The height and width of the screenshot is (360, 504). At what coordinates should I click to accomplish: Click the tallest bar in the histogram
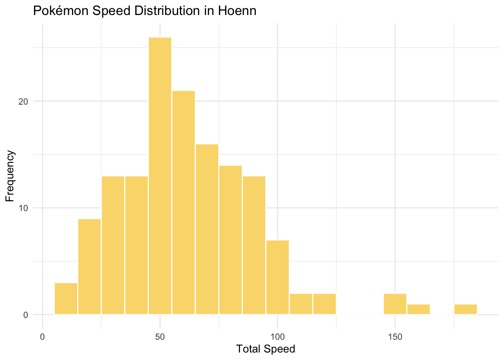pyautogui.click(x=160, y=176)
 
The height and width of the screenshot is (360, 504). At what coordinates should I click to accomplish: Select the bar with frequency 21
pyautogui.click(x=183, y=202)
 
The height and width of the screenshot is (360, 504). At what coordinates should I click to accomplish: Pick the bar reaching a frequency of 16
pyautogui.click(x=207, y=229)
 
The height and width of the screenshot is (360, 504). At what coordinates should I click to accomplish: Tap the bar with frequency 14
pyautogui.click(x=231, y=240)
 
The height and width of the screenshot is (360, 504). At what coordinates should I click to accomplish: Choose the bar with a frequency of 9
pyautogui.click(x=89, y=267)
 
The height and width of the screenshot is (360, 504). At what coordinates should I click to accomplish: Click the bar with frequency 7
pyautogui.click(x=277, y=277)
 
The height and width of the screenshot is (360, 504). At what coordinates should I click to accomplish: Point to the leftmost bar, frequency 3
pyautogui.click(x=66, y=298)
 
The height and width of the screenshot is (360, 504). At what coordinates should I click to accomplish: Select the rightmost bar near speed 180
pyautogui.click(x=465, y=309)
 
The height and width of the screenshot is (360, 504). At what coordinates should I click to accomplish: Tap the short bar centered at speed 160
pyautogui.click(x=418, y=309)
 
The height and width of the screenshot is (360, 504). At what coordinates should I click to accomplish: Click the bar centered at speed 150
pyautogui.click(x=395, y=304)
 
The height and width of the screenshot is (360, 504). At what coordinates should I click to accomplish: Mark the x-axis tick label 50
pyautogui.click(x=160, y=337)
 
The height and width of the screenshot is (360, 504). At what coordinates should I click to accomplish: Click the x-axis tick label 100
pyautogui.click(x=277, y=337)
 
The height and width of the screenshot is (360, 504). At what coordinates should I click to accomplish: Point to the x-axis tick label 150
pyautogui.click(x=395, y=337)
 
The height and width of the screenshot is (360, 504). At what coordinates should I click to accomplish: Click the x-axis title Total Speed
pyautogui.click(x=265, y=349)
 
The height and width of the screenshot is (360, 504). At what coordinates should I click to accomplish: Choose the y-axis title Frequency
pyautogui.click(x=10, y=176)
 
